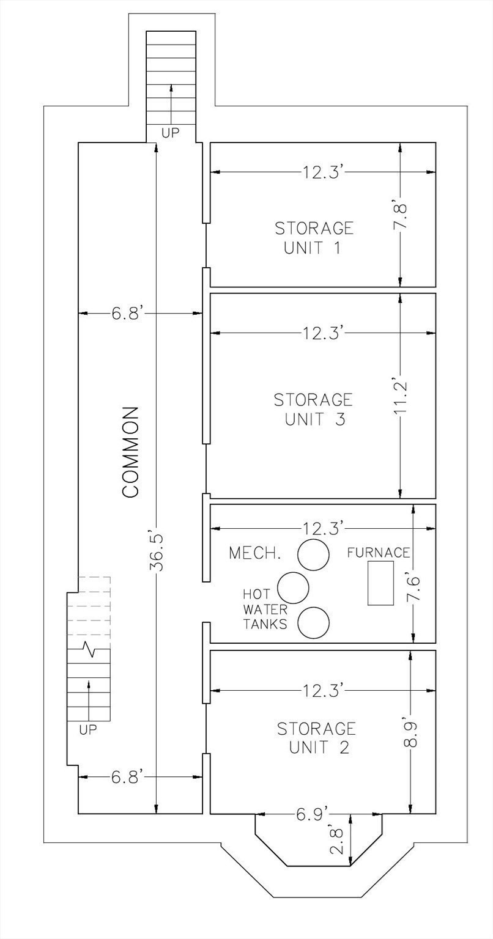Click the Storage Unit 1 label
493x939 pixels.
(314, 238)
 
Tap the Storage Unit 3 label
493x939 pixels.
(313, 410)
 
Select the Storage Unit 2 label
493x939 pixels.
(316, 738)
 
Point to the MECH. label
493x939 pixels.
(255, 553)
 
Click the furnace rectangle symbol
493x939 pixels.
(380, 583)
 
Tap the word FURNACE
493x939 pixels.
(379, 553)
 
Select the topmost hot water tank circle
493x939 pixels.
(313, 554)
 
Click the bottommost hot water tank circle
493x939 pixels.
(313, 622)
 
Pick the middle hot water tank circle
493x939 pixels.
(293, 587)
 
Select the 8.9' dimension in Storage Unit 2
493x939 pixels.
(410, 734)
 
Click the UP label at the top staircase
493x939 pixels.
(171, 133)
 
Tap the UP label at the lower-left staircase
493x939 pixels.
(89, 729)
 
